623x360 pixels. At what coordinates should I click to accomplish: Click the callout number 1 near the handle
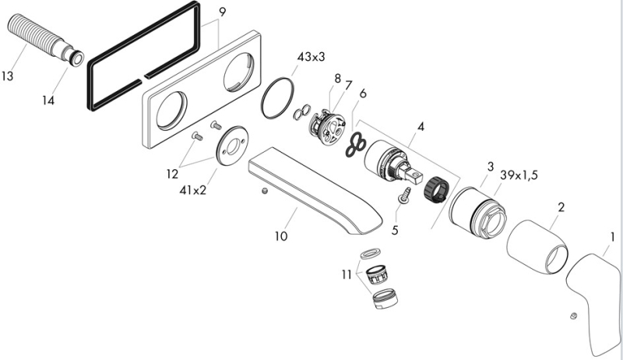[613, 237]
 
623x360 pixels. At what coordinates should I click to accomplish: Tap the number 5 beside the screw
[394, 231]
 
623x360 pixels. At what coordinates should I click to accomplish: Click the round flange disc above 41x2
[231, 147]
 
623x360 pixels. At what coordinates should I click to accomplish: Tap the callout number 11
[346, 274]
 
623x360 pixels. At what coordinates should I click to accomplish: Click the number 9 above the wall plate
[222, 12]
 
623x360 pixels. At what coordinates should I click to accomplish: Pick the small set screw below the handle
[573, 315]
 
